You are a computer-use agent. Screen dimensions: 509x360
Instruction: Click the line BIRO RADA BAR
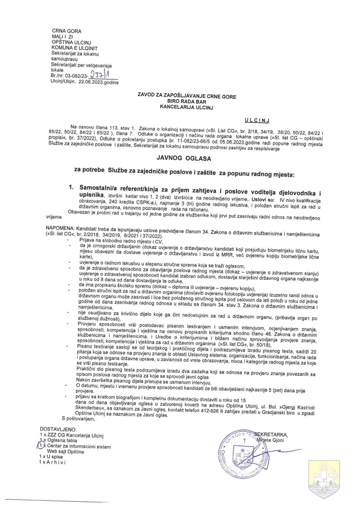(x=187, y=102)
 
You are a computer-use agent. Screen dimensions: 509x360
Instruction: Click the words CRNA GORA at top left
(x=67, y=31)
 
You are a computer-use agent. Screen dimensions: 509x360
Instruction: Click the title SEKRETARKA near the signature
(x=271, y=435)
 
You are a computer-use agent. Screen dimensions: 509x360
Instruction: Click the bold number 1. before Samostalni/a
(x=72, y=188)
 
